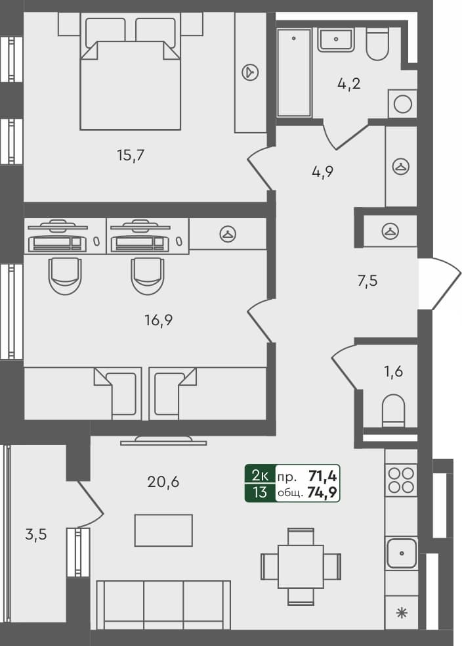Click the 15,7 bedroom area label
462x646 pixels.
pos(130,156)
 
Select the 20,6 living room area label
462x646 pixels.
pos(164,482)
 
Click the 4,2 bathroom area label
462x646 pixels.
pos(348,83)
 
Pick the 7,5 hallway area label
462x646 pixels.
pos(367,281)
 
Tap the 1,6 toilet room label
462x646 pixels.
pos(393,372)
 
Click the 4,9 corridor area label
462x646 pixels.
pos(323,172)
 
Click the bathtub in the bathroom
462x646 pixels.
pos(293,72)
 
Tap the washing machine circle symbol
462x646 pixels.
pos(402,104)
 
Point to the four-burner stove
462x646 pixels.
pos(402,480)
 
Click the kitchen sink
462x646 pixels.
pos(402,553)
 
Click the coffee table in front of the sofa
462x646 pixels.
pos(163,530)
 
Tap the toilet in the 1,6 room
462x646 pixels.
pos(394,410)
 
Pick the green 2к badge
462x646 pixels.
pos(260,474)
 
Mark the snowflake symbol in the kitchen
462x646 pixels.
pos(401,614)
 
